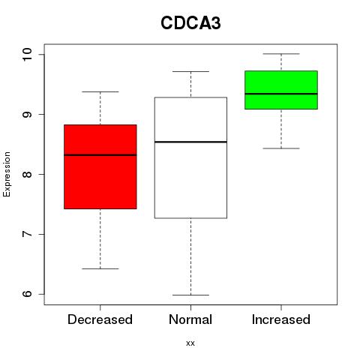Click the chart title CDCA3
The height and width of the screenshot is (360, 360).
[x=190, y=23]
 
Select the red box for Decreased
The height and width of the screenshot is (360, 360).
[x=100, y=166]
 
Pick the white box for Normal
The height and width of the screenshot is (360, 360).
[x=190, y=157]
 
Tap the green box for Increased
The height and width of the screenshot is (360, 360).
[x=281, y=90]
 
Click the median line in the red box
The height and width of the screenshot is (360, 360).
[x=100, y=155]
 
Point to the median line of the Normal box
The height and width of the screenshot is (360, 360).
[x=190, y=142]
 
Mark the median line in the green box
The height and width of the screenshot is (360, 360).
[x=281, y=94]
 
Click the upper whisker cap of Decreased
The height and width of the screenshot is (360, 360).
[x=100, y=91]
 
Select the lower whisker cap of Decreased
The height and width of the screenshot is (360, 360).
[x=100, y=268]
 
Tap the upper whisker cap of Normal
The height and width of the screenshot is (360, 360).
[x=190, y=71]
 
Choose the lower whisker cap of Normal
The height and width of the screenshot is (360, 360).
[x=190, y=295]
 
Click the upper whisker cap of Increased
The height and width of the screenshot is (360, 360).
[x=281, y=54]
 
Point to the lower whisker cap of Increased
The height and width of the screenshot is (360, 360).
[x=281, y=148]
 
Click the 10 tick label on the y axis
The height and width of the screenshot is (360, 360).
[x=27, y=54]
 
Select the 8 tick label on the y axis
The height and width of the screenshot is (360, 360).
[x=27, y=174]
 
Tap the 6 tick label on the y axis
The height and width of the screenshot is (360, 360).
[x=27, y=294]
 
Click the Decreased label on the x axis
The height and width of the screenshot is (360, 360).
[x=100, y=319]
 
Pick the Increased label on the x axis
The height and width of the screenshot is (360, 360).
[x=281, y=319]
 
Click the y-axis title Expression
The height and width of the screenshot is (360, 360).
[x=7, y=174]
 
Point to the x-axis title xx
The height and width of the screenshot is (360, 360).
[x=190, y=343]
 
